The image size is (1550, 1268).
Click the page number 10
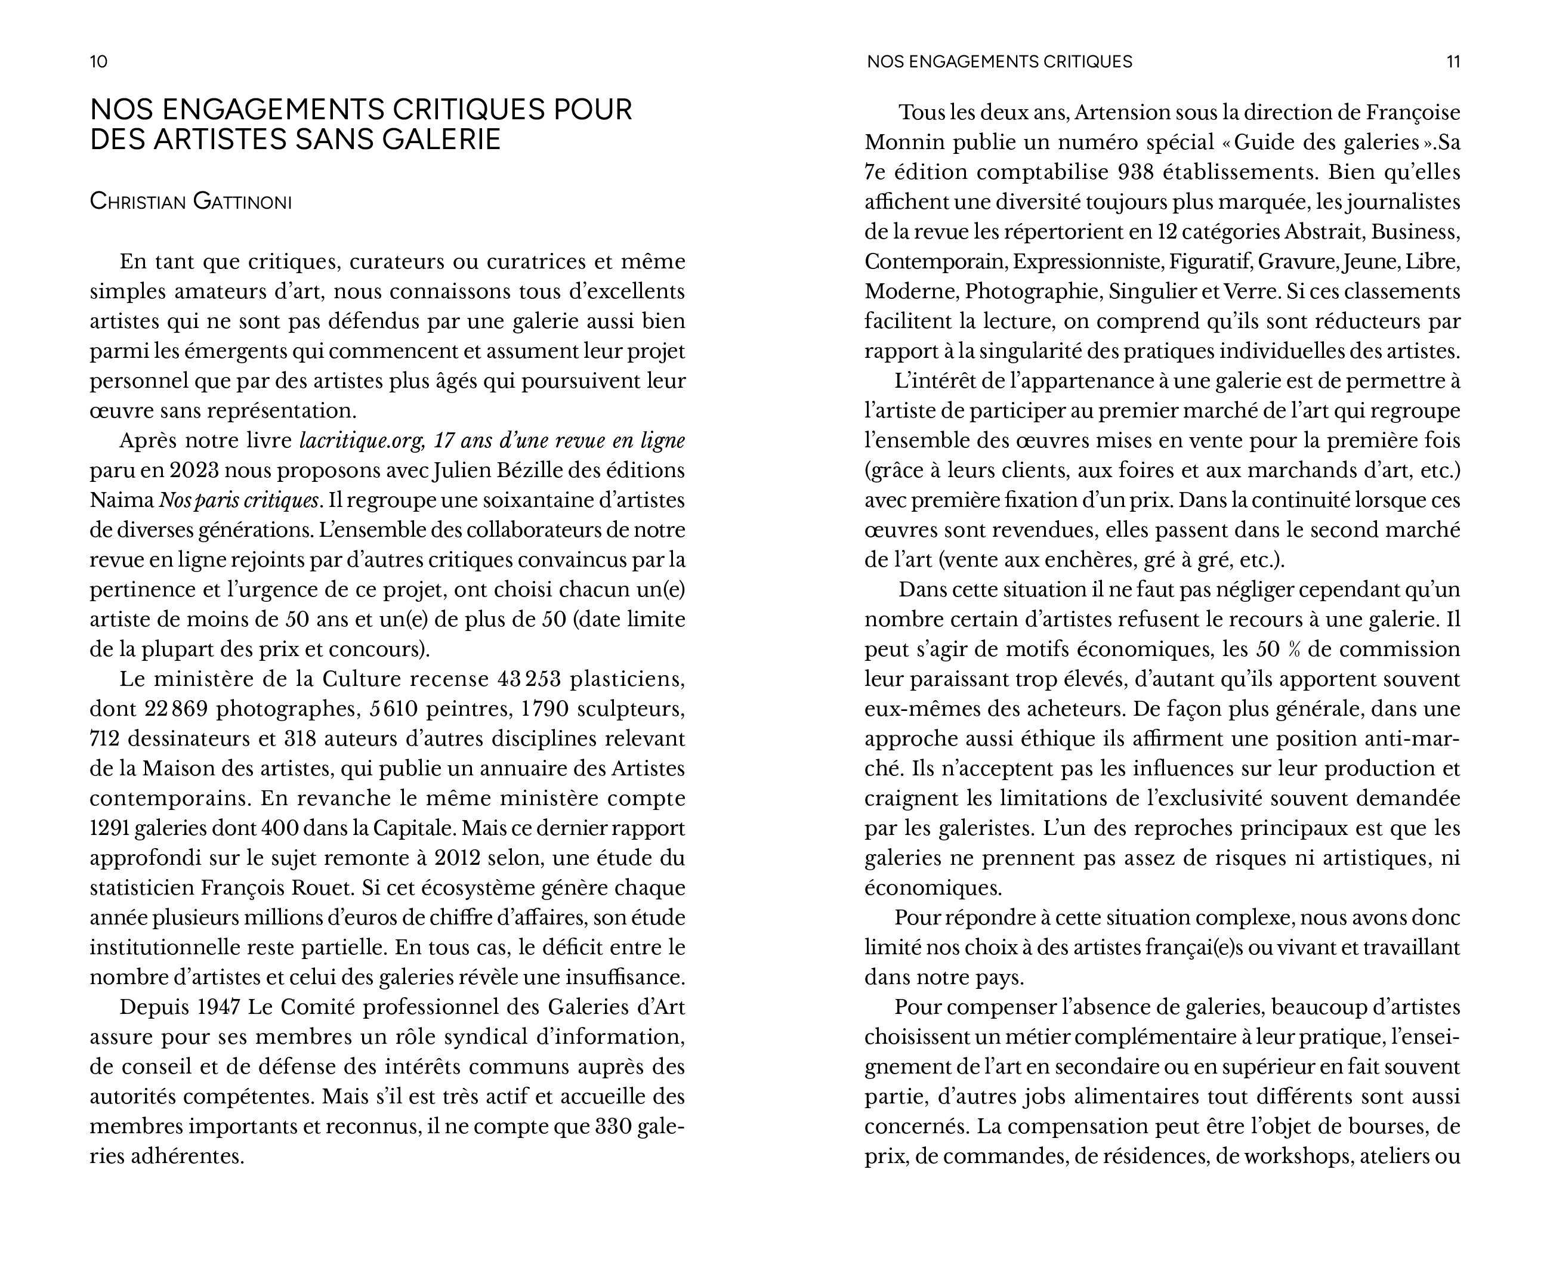coord(98,61)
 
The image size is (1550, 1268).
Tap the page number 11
coord(1453,61)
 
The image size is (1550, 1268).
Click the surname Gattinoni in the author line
coord(242,202)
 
